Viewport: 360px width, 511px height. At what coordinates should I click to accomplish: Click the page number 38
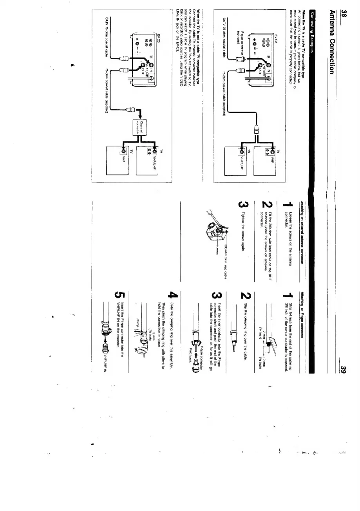click(332, 7)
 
